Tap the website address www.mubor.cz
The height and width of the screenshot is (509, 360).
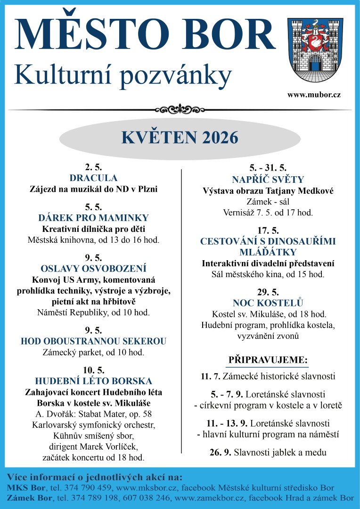[x=314, y=95]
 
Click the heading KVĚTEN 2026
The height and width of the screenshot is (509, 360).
[x=180, y=137]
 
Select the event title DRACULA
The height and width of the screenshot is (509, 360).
[x=93, y=178]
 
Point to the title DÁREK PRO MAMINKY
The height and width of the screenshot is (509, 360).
[x=93, y=218]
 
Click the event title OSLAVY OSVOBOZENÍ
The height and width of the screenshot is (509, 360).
[x=93, y=269]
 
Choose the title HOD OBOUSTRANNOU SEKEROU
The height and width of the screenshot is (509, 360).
[x=93, y=341]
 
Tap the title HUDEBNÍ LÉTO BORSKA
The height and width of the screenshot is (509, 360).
[x=93, y=381]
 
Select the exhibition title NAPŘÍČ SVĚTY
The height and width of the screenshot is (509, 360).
[x=268, y=180]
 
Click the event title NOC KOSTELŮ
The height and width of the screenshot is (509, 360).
[x=268, y=303]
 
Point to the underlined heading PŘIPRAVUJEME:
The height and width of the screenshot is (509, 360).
[x=268, y=360]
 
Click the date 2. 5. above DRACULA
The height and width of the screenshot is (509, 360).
[x=93, y=167]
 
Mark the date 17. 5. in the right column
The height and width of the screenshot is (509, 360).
[x=268, y=230]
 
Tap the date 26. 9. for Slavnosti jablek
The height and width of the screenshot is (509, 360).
[x=220, y=452]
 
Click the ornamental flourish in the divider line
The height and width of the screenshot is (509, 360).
[x=180, y=110]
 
